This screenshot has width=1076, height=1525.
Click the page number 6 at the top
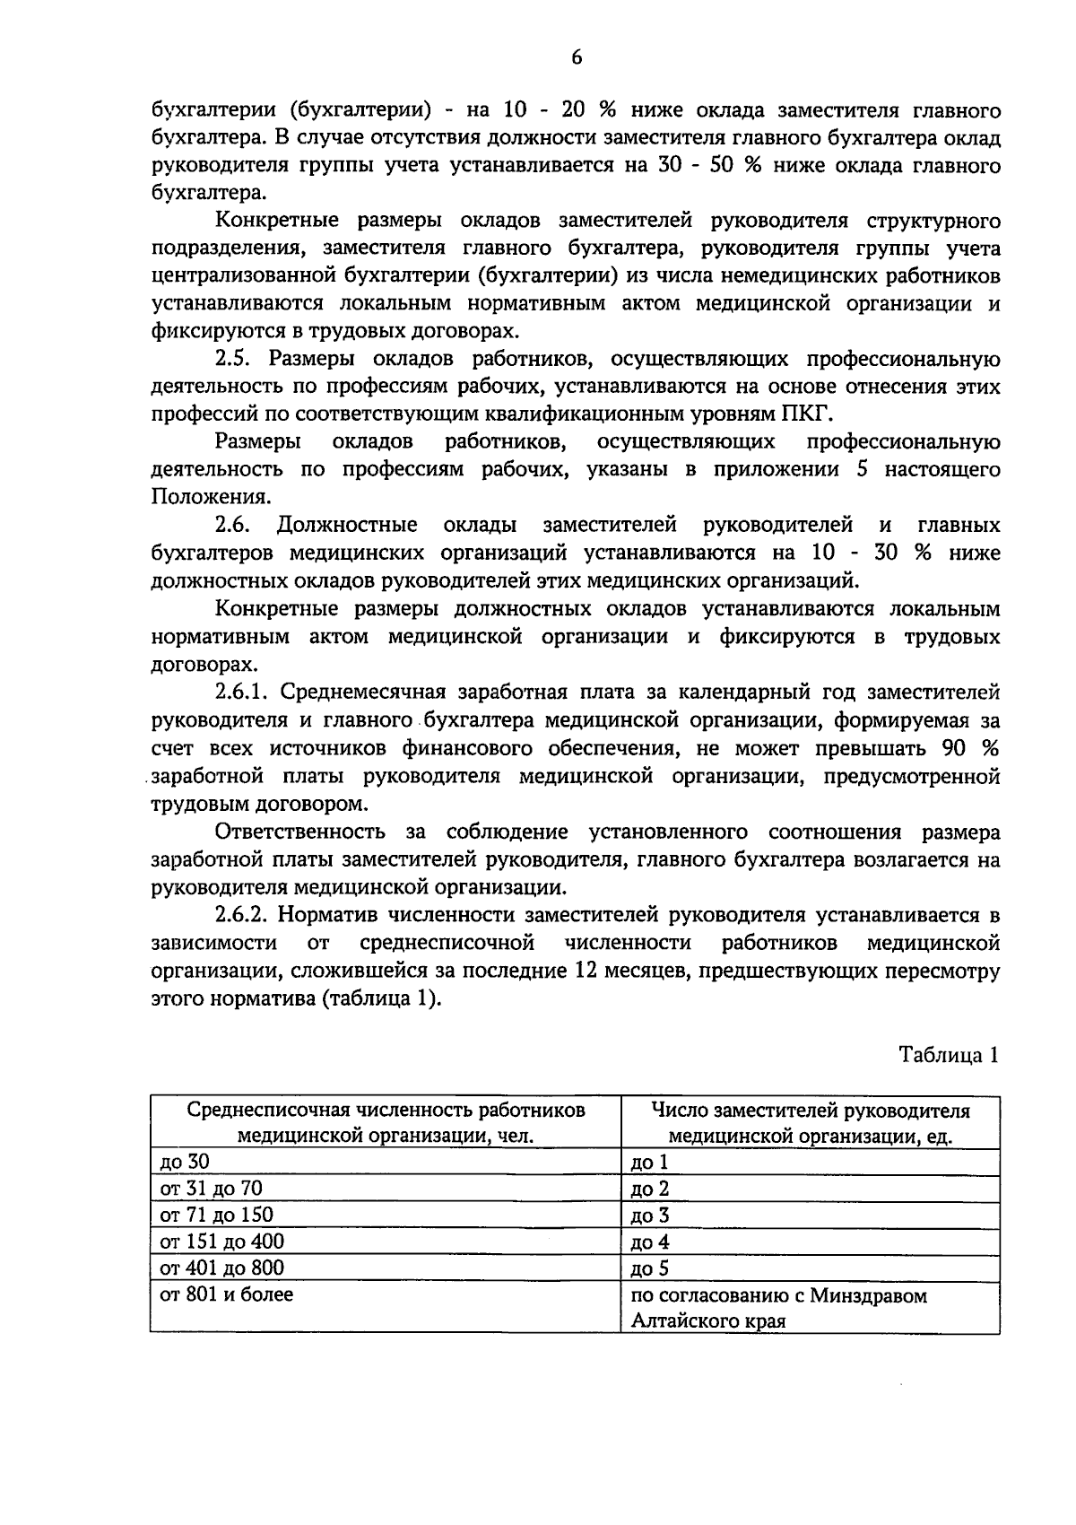coord(577,57)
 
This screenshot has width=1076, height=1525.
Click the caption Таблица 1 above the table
coord(949,1055)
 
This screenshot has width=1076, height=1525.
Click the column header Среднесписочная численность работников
coord(386,1122)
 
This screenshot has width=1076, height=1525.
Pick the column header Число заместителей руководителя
coord(811,1122)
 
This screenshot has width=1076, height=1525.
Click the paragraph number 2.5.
coord(237,360)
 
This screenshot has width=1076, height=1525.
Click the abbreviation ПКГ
coord(811,414)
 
